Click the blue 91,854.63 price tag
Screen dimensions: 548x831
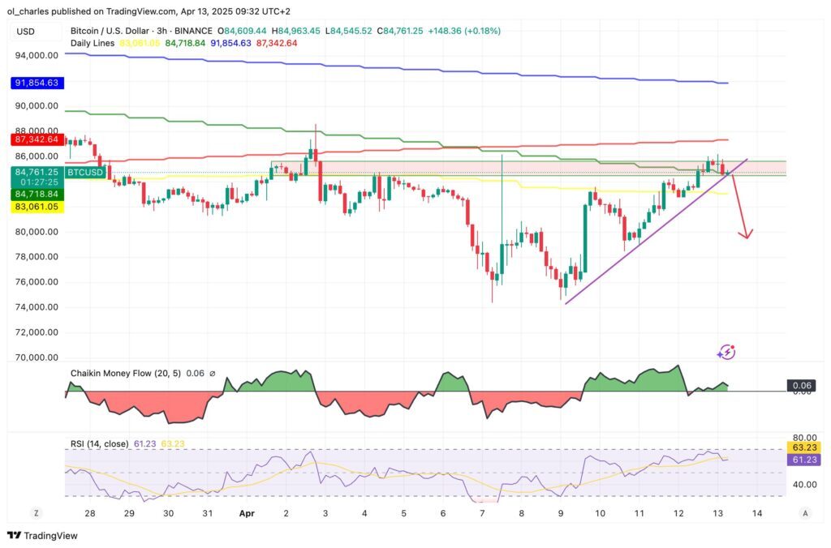tap(37, 83)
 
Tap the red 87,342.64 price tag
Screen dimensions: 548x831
tap(37, 139)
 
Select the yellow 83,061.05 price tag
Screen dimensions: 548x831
tap(37, 207)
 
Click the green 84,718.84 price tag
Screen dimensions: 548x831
tap(37, 195)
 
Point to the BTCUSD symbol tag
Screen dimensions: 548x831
tap(86, 172)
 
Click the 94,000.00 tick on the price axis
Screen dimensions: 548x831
tap(37, 55)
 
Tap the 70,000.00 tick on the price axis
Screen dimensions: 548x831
tap(37, 357)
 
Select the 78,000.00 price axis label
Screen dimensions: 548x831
tap(37, 257)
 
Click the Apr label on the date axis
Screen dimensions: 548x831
tap(247, 513)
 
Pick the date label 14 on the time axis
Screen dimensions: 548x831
tap(757, 513)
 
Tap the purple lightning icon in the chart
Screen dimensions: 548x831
tap(726, 352)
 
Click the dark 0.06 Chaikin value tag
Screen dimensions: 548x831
tap(801, 386)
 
